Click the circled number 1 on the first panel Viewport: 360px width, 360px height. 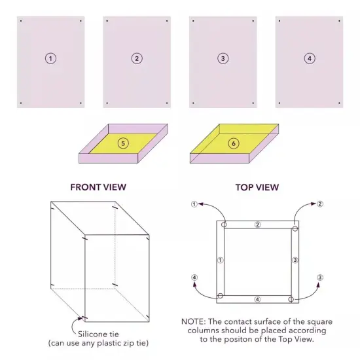tap(50, 58)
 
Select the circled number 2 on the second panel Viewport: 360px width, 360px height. tap(137, 58)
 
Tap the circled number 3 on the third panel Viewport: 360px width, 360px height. tap(223, 58)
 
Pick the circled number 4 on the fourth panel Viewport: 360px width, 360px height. tap(309, 58)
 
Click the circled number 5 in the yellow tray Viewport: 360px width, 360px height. tap(122, 142)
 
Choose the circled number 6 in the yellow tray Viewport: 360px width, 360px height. tap(234, 143)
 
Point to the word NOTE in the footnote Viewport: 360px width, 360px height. tap(194, 322)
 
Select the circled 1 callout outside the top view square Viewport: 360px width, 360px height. tap(194, 204)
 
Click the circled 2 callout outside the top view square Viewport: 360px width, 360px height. tap(320, 204)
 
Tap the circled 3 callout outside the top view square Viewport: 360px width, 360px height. tap(320, 278)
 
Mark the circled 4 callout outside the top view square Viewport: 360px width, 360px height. tap(194, 278)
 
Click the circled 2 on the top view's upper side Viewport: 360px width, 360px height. tap(257, 225)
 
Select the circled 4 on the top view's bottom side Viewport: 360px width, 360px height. tap(257, 299)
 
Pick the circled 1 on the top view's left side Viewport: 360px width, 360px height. tap(220, 260)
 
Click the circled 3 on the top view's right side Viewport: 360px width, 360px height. tap(295, 260)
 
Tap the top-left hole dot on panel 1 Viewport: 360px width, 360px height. tap(21, 21)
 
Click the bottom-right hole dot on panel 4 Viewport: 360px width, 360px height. tap(338, 102)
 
